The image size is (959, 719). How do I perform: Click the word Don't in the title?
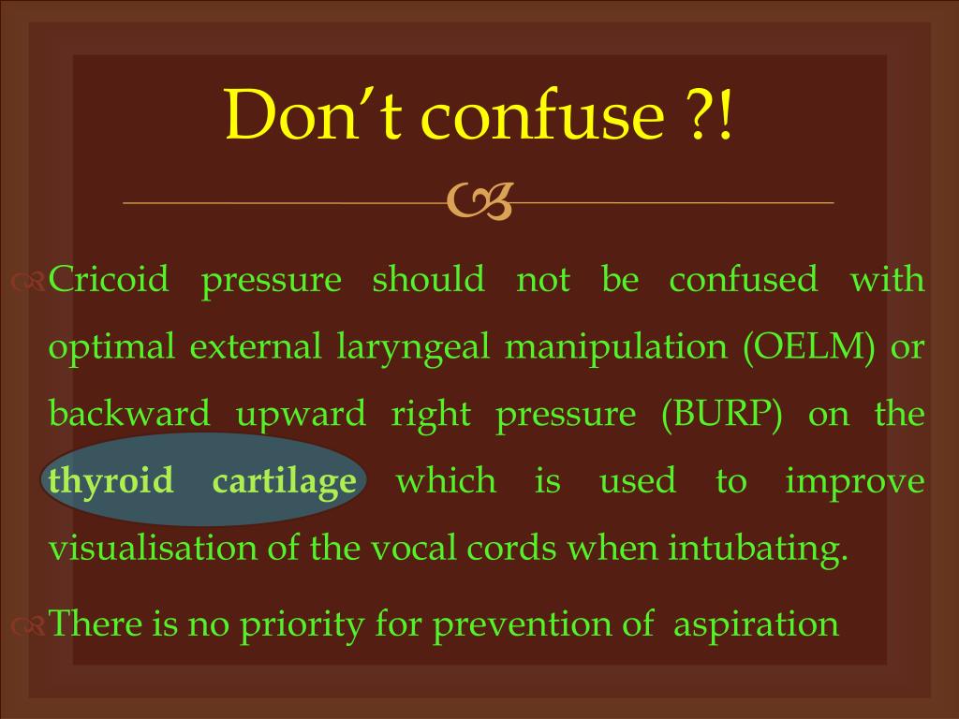pyautogui.click(x=314, y=114)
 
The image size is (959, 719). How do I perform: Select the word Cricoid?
pyautogui.click(x=109, y=279)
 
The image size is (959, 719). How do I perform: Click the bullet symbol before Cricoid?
pyautogui.click(x=28, y=281)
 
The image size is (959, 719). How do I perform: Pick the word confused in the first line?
pyautogui.click(x=743, y=279)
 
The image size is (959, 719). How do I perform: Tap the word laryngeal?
pyautogui.click(x=413, y=347)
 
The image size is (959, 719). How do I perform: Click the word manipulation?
pyautogui.click(x=616, y=347)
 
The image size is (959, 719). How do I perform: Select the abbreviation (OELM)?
pyautogui.click(x=809, y=346)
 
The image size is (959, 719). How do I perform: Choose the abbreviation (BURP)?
pyautogui.click(x=722, y=414)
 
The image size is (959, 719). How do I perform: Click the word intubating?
pyautogui.click(x=758, y=549)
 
